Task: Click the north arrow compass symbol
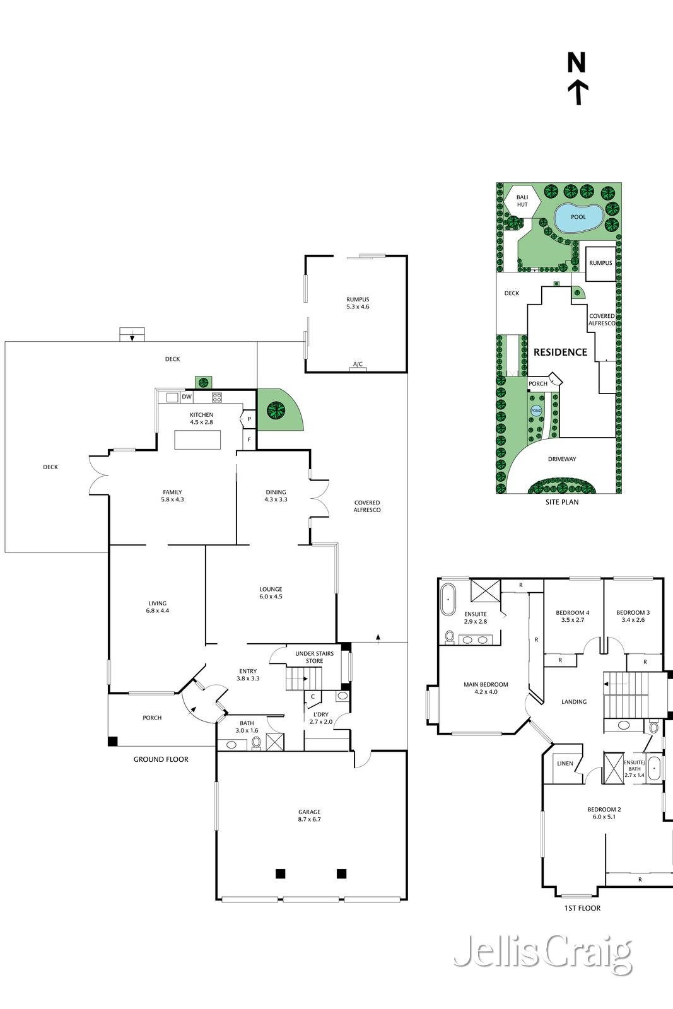pyautogui.click(x=576, y=79)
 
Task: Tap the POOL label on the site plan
pyautogui.click(x=578, y=217)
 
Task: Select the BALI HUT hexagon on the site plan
pyautogui.click(x=522, y=201)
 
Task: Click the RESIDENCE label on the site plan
pyautogui.click(x=560, y=353)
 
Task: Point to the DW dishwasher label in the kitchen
pyautogui.click(x=187, y=397)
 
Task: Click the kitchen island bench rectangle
pyautogui.click(x=197, y=440)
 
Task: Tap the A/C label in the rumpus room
pyautogui.click(x=358, y=364)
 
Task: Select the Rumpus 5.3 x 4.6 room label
pyautogui.click(x=358, y=303)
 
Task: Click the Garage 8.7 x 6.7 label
pyautogui.click(x=310, y=816)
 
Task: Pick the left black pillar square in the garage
pyautogui.click(x=280, y=874)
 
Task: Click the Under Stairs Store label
pyautogui.click(x=315, y=657)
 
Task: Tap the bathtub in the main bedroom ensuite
pyautogui.click(x=448, y=600)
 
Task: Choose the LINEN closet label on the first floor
pyautogui.click(x=565, y=764)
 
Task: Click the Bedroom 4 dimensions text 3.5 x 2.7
pyautogui.click(x=573, y=620)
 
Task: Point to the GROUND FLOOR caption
pyautogui.click(x=161, y=759)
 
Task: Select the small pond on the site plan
pyautogui.click(x=536, y=411)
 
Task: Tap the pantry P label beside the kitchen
pyautogui.click(x=249, y=419)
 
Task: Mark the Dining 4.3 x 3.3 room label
pyautogui.click(x=276, y=496)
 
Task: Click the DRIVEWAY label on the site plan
pyautogui.click(x=562, y=459)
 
